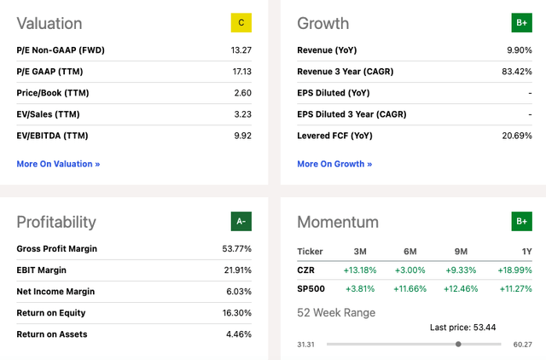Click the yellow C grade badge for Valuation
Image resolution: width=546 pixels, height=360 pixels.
pyautogui.click(x=241, y=23)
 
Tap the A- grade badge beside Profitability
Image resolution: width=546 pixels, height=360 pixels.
pyautogui.click(x=241, y=222)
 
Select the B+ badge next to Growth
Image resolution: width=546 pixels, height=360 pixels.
pyautogui.click(x=521, y=23)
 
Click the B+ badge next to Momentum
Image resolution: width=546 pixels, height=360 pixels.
pyautogui.click(x=521, y=222)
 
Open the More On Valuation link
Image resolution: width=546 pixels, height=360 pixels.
pyautogui.click(x=58, y=164)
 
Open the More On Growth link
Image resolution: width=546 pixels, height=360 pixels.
pyautogui.click(x=334, y=164)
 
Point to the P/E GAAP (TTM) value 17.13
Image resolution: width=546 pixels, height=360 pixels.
pyautogui.click(x=242, y=72)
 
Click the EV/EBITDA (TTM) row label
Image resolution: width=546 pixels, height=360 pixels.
pyautogui.click(x=52, y=136)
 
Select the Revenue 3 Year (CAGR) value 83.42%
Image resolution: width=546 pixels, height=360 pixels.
pyautogui.click(x=517, y=72)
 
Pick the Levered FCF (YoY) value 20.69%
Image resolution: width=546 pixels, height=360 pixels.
pyautogui.click(x=517, y=136)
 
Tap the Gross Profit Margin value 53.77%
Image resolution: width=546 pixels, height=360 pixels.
pyautogui.click(x=237, y=248)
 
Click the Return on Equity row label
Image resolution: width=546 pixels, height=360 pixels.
pyautogui.click(x=51, y=313)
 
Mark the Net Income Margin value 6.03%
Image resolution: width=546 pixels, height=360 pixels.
pyautogui.click(x=239, y=292)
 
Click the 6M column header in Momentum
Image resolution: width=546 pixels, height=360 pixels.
pyautogui.click(x=410, y=252)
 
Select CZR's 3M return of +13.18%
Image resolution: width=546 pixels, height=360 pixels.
pyautogui.click(x=360, y=270)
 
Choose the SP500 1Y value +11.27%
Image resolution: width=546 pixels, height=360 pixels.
pyautogui.click(x=515, y=288)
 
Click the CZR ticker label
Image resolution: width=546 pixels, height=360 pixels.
pyautogui.click(x=305, y=270)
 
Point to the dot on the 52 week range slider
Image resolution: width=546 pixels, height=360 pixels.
pyautogui.click(x=458, y=344)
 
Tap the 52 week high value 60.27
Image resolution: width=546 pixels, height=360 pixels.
pyautogui.click(x=523, y=345)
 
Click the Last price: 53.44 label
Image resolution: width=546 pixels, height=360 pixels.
pyautogui.click(x=462, y=328)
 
